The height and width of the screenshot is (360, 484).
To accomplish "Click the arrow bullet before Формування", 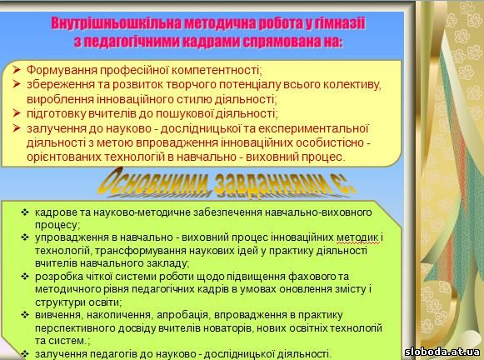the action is [17, 69].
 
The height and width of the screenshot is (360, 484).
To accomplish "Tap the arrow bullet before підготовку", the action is [17, 113].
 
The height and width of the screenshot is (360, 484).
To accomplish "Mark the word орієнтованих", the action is [63, 157].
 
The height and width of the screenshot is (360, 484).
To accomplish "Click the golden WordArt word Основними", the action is [156, 182].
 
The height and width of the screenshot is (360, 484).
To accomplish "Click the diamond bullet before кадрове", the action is [25, 212].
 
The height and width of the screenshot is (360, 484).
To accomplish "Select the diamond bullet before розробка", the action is [25, 277].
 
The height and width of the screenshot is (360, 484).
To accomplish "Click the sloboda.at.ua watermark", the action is [442, 352].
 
